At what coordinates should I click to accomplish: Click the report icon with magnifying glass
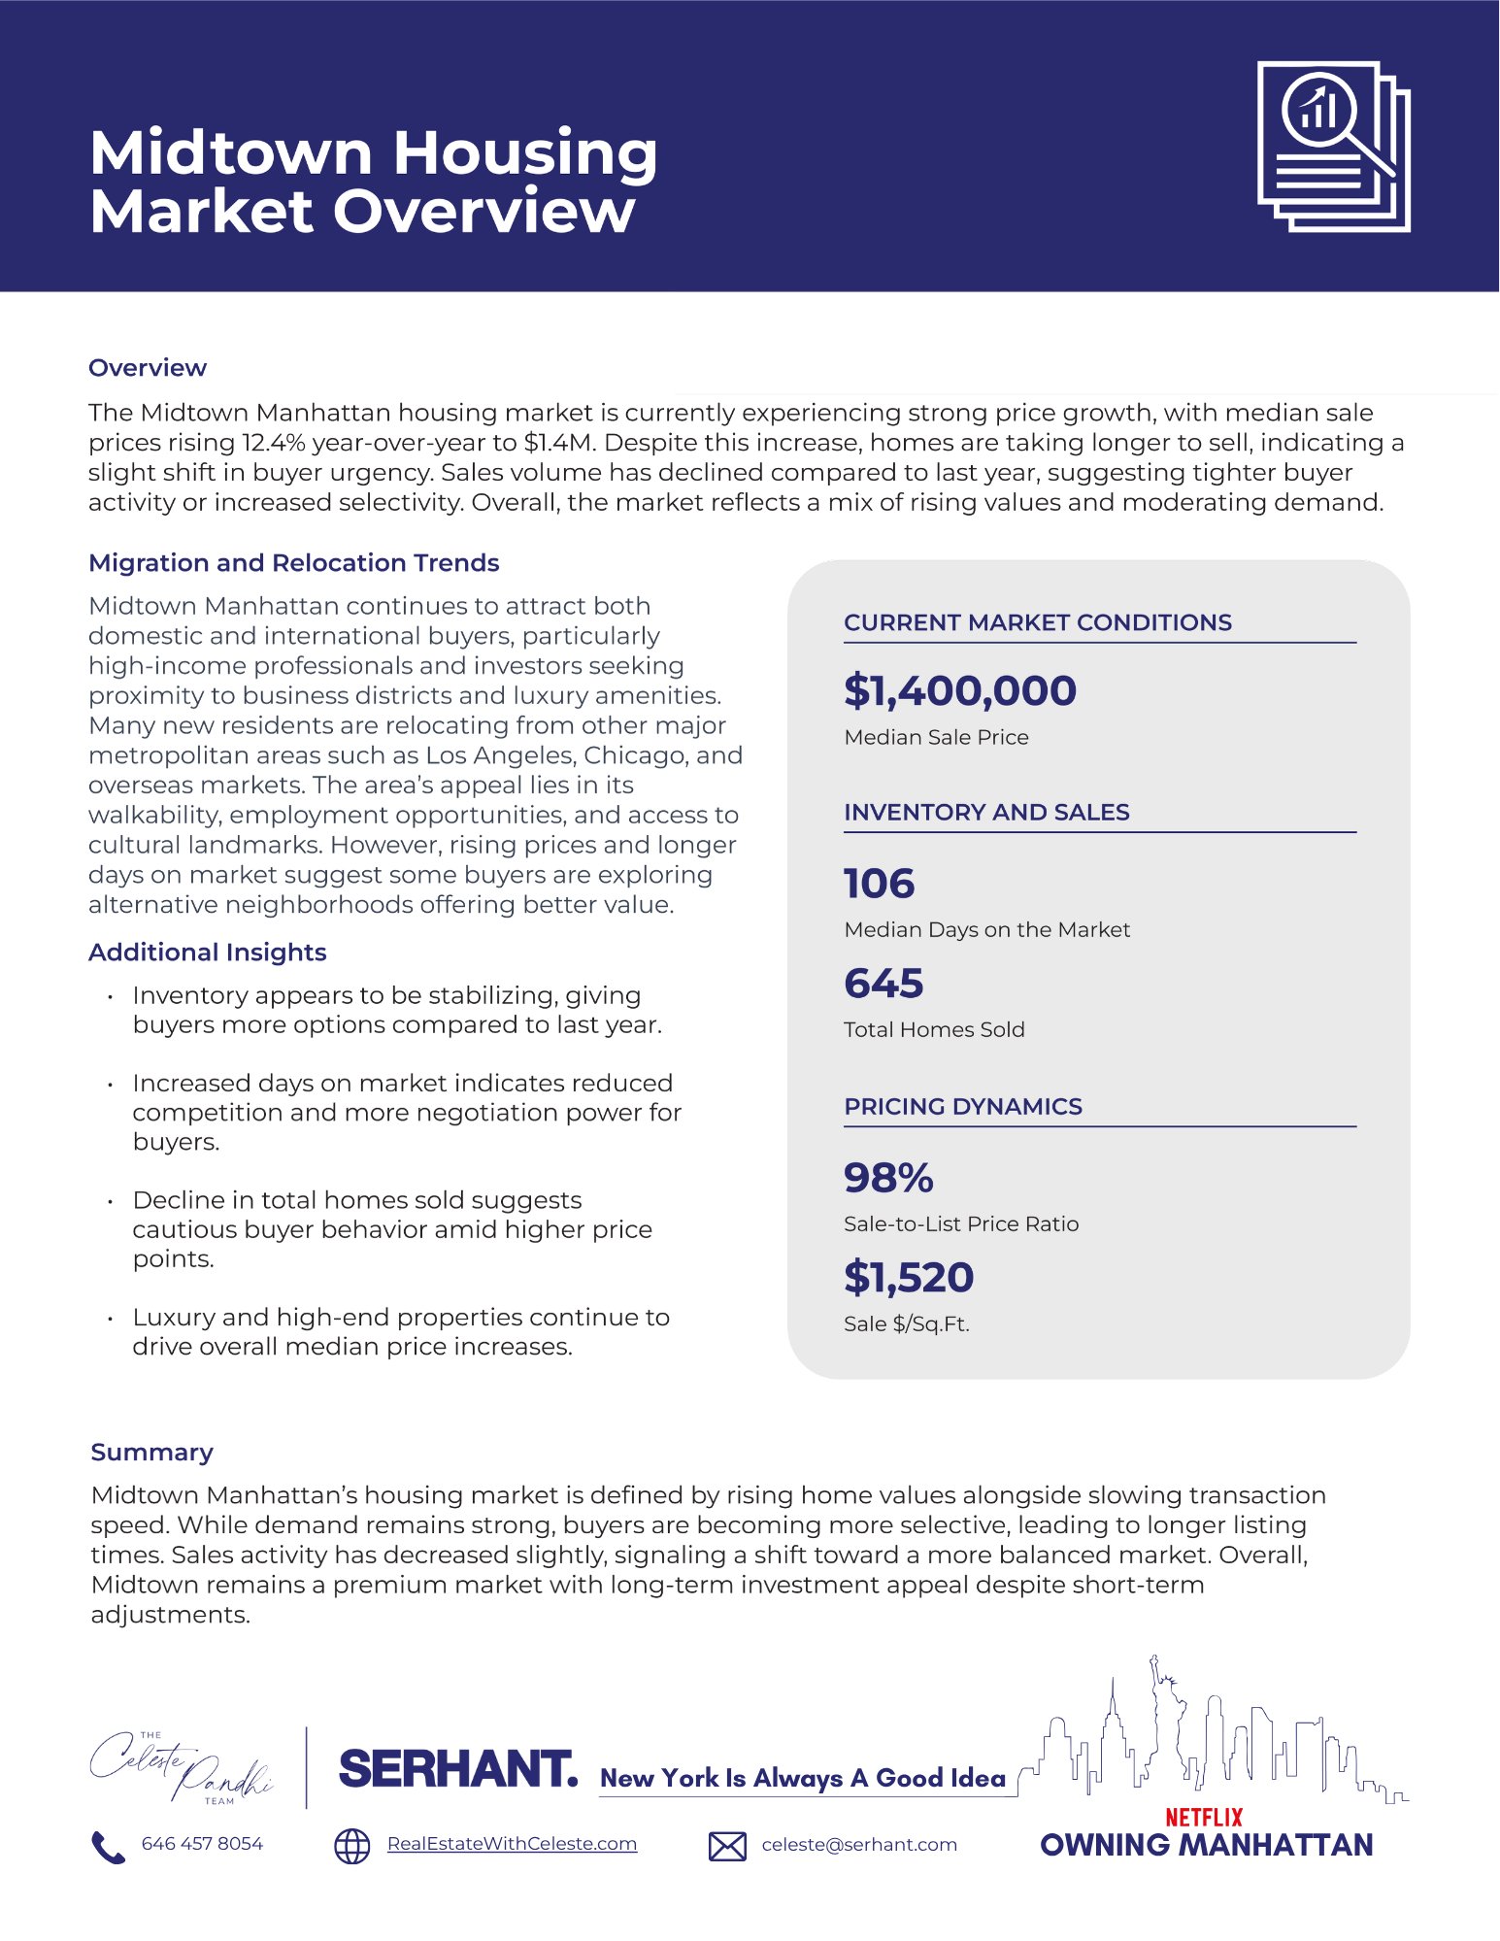[x=1333, y=147]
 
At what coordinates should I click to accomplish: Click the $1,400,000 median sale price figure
[x=959, y=690]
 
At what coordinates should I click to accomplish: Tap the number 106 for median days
[x=879, y=884]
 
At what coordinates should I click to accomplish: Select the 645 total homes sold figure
[x=883, y=984]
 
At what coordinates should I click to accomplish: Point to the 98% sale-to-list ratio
[x=887, y=1178]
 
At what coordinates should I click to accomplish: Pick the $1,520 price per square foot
[x=908, y=1278]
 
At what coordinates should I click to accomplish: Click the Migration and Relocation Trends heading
[x=293, y=563]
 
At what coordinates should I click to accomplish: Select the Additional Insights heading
[x=207, y=953]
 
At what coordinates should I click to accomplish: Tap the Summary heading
[x=151, y=1453]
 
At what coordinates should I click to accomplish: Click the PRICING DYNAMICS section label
[x=962, y=1107]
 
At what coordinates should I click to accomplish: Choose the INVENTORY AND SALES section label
[x=985, y=813]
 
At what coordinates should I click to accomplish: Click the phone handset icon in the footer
[x=108, y=1847]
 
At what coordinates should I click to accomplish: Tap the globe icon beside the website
[x=351, y=1846]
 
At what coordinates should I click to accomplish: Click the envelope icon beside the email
[x=727, y=1846]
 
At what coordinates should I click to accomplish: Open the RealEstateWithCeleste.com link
[x=512, y=1844]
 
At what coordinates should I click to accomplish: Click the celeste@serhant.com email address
[x=858, y=1845]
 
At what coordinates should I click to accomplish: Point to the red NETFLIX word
[x=1203, y=1817]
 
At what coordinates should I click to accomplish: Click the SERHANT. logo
[x=457, y=1770]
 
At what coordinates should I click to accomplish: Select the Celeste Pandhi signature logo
[x=181, y=1768]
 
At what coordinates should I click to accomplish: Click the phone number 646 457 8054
[x=202, y=1844]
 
